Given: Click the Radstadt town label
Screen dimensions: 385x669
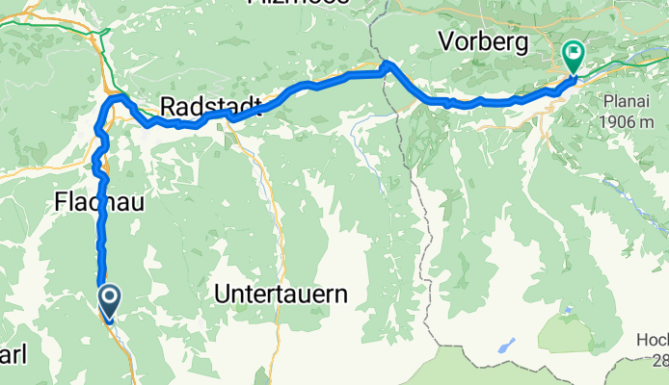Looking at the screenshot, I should coord(201,105).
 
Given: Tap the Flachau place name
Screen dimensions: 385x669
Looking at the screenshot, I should coord(94,203).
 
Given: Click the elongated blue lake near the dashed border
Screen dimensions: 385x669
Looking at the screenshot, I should coord(507,346).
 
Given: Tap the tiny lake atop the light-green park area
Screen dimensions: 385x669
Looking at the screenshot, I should coord(568,310).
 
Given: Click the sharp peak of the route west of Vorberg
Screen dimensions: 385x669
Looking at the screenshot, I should coord(387,65).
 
